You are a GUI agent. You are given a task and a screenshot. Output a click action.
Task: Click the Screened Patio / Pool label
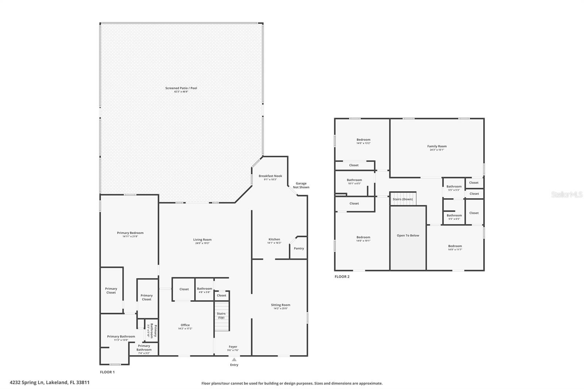(181, 88)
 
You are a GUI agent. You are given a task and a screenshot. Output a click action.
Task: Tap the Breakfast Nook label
(270, 176)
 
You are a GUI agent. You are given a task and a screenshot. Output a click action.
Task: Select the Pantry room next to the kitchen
(299, 249)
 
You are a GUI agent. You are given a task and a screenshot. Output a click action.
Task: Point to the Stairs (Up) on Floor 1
(221, 316)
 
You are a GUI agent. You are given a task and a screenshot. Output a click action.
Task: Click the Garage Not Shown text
(301, 185)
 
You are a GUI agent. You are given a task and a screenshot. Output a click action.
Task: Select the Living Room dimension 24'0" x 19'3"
(202, 243)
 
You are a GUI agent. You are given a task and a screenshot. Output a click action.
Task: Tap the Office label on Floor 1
(185, 325)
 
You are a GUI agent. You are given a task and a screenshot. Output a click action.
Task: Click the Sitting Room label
(280, 305)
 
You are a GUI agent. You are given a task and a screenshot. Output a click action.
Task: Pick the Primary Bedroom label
(130, 233)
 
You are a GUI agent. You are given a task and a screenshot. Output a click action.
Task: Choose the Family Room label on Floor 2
(437, 146)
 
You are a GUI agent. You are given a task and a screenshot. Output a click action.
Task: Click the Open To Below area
(408, 236)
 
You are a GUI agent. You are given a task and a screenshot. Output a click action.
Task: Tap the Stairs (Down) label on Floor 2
(403, 199)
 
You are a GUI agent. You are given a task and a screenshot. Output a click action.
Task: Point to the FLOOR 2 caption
(342, 277)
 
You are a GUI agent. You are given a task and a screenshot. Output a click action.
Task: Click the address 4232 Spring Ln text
(49, 382)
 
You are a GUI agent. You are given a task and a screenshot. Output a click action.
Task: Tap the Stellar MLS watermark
(566, 195)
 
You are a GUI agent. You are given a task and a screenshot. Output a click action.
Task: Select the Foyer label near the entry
(233, 347)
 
